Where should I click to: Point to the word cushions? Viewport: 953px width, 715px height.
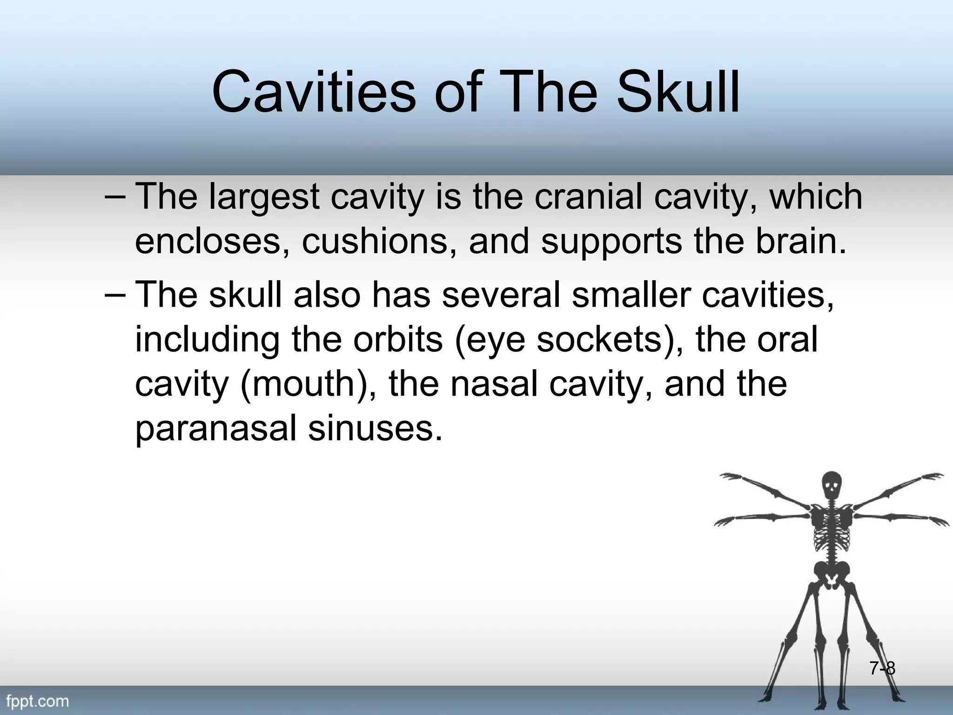click(x=374, y=241)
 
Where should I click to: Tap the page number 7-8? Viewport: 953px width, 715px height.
click(x=882, y=669)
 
